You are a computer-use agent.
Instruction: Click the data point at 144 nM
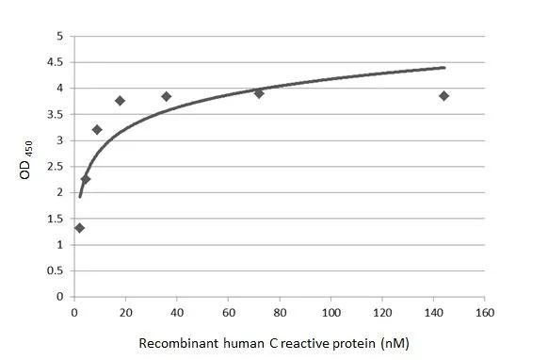[443, 95]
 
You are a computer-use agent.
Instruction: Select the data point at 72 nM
[259, 93]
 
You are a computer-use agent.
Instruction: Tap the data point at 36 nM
[167, 96]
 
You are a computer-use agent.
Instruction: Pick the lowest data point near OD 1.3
[79, 227]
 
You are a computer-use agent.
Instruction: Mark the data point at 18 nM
[120, 101]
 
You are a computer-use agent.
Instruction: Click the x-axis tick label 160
[485, 312]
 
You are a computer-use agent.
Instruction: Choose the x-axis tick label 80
[280, 312]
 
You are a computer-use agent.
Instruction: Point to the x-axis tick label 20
[125, 312]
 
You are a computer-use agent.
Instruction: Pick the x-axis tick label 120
[382, 312]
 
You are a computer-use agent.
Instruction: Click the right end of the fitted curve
[444, 68]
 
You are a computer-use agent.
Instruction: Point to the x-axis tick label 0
[74, 312]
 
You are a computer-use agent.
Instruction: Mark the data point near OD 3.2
[97, 129]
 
